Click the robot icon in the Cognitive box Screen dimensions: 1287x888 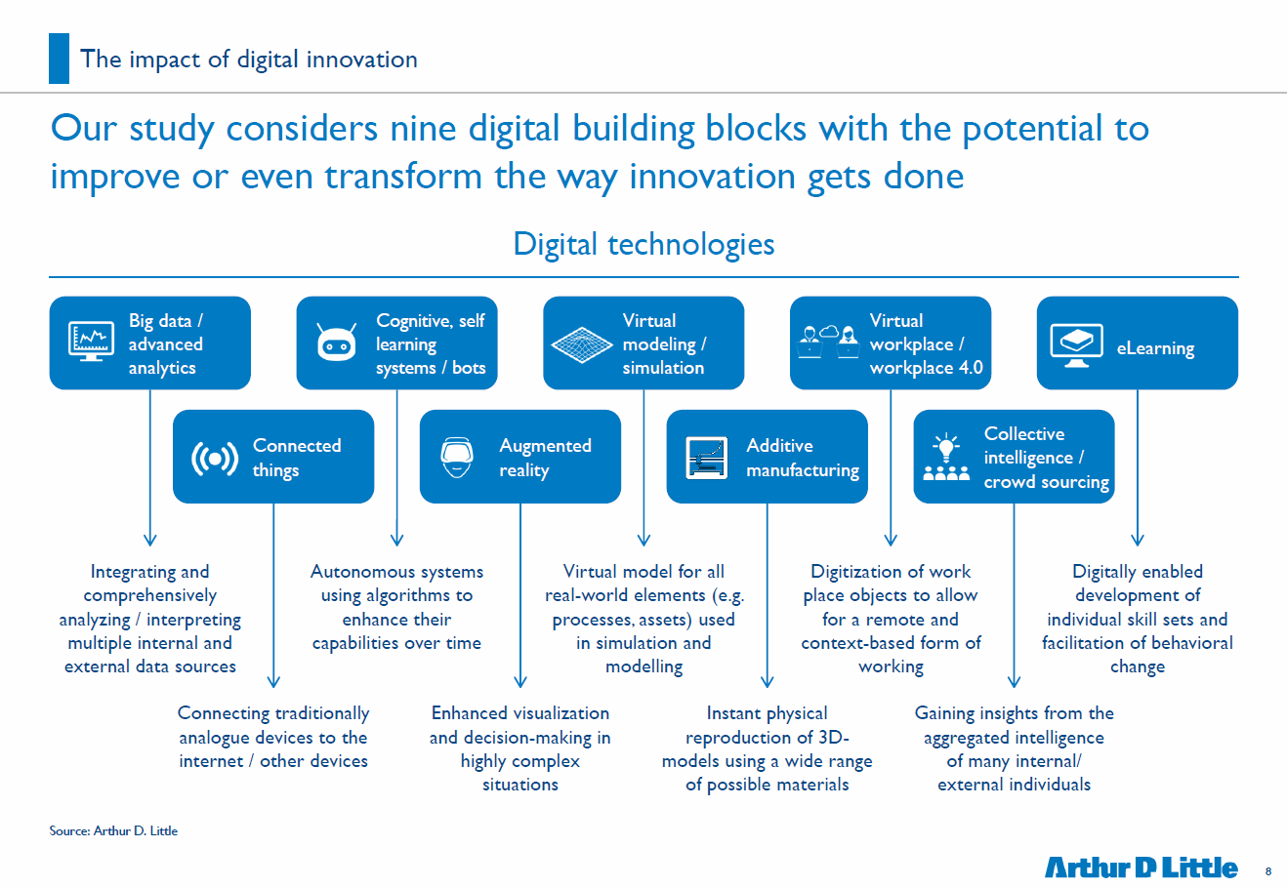[337, 343]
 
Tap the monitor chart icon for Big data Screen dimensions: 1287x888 [91, 342]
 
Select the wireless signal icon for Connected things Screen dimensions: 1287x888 [214, 459]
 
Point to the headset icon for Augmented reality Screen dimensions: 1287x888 [457, 458]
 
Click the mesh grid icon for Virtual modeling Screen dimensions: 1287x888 [582, 344]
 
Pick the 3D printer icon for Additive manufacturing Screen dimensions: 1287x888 [707, 458]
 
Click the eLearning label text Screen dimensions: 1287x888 [1155, 347]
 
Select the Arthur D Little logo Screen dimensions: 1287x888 [1141, 868]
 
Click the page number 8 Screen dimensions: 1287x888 [1268, 871]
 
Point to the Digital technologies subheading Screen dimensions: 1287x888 [643, 244]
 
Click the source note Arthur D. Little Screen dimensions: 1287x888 [113, 830]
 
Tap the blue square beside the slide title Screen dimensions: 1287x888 [60, 59]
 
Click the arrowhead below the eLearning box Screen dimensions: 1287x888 [1138, 541]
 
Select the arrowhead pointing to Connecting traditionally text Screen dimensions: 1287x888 [273, 681]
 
